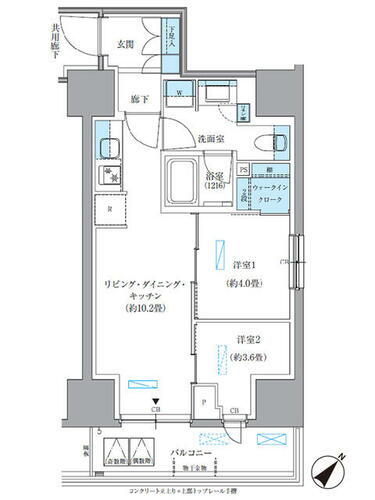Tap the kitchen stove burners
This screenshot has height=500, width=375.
pyautogui.click(x=106, y=179)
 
